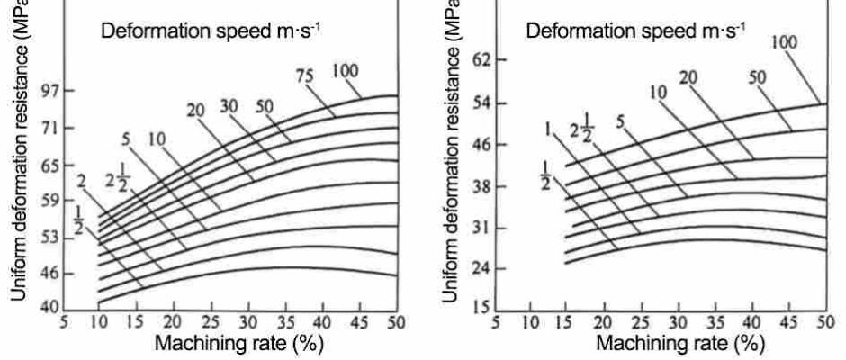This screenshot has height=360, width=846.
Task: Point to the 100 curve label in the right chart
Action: (x=784, y=41)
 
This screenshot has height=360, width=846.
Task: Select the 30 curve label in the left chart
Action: (x=229, y=106)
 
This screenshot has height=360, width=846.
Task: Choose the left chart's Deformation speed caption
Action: (x=211, y=31)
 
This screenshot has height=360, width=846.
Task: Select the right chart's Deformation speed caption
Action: (x=635, y=31)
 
